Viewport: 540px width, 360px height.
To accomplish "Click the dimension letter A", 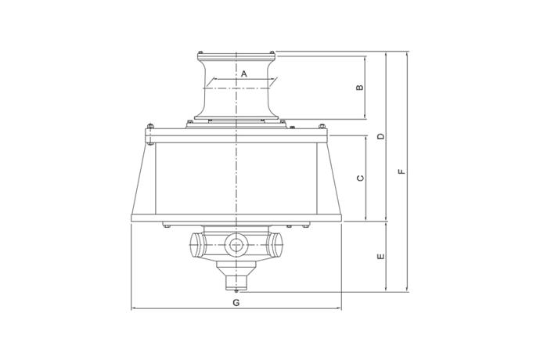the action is pos(244,74).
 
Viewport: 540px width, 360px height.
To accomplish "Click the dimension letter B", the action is pos(359,88).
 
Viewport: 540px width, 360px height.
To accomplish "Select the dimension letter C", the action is pos(360,178).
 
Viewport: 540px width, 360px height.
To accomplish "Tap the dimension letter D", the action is pos(380,136).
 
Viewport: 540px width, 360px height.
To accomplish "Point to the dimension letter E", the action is pos(380,257).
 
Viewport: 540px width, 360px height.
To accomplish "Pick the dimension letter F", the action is pos(401,171).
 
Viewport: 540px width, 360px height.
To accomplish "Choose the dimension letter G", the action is pos(236,303).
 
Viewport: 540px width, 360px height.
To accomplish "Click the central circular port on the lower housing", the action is pos(236,245).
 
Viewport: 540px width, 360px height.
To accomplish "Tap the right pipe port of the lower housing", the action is pos(275,244).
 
